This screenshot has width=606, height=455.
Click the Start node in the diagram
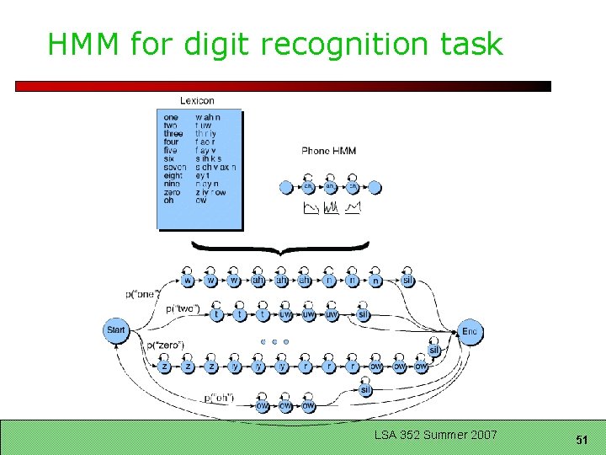pyautogui.click(x=116, y=330)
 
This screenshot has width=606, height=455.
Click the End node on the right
pyautogui.click(x=470, y=331)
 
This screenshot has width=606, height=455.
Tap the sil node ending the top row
pyautogui.click(x=407, y=281)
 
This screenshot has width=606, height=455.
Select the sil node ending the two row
pyautogui.click(x=364, y=314)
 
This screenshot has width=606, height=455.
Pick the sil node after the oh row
pyautogui.click(x=366, y=389)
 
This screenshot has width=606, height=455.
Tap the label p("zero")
pyautogui.click(x=165, y=345)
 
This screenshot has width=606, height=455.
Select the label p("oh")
pyautogui.click(x=221, y=398)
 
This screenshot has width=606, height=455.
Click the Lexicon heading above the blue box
pyautogui.click(x=197, y=101)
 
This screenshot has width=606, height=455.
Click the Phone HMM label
pyautogui.click(x=328, y=151)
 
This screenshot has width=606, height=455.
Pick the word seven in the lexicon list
pyautogui.click(x=175, y=167)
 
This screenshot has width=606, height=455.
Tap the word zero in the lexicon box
pyautogui.click(x=172, y=192)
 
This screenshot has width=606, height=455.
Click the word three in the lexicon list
pyautogui.click(x=173, y=134)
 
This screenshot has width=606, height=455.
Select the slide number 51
pyautogui.click(x=582, y=440)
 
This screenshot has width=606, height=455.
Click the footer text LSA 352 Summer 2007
pyautogui.click(x=436, y=435)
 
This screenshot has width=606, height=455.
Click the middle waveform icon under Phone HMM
pyautogui.click(x=330, y=207)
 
